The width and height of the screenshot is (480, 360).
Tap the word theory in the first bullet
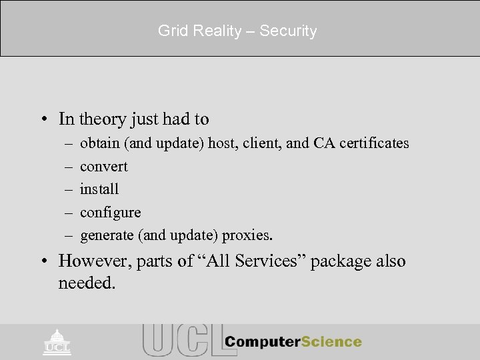click(x=99, y=119)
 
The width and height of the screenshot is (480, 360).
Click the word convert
click(x=103, y=167)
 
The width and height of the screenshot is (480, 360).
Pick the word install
click(x=99, y=189)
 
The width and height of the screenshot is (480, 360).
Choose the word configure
click(x=110, y=213)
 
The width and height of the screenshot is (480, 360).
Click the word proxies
click(x=249, y=235)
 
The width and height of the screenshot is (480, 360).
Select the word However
click(x=94, y=261)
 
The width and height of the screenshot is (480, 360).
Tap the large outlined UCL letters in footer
click(x=180, y=340)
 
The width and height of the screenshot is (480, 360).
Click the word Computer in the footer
click(x=261, y=342)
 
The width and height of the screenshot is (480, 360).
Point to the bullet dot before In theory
click(x=43, y=120)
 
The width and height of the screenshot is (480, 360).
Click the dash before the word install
click(x=69, y=189)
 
